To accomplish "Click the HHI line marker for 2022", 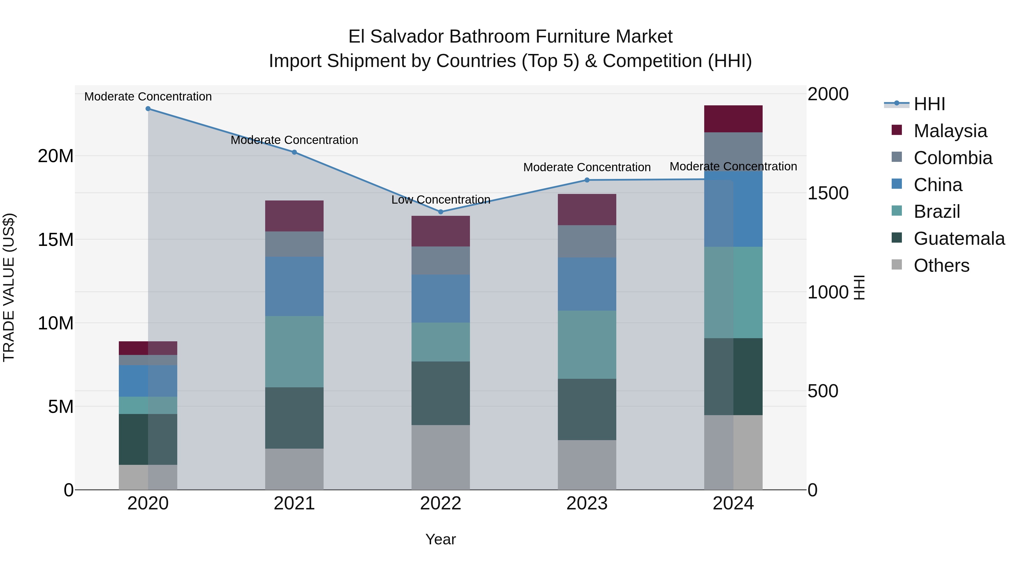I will coord(440,212).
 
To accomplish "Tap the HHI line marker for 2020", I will coord(148,109).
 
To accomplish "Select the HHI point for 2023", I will coord(587,180).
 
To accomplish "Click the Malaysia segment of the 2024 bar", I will coord(733,119).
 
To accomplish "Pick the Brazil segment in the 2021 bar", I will coord(294,352).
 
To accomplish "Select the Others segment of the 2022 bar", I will coord(440,457).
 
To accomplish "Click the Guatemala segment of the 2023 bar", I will coord(587,409).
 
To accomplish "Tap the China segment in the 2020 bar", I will coord(148,381).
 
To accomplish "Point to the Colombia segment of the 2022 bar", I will coord(440,261).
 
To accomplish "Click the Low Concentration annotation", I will coord(441,200).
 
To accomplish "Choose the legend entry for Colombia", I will coord(952,158).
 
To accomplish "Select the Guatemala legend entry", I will coord(959,239).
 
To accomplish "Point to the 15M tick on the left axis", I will coord(56,240).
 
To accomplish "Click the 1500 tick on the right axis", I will coord(828,193).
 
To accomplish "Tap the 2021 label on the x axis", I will coord(294,503).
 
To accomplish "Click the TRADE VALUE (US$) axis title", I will coord(9,287).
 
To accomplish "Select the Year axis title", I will coord(440,539).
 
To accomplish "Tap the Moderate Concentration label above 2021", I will coord(294,140).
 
